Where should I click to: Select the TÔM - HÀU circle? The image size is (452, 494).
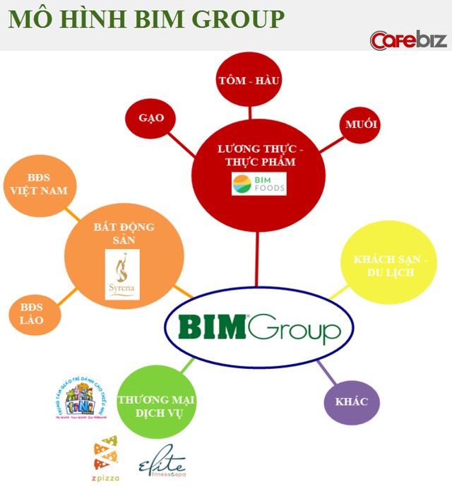[247, 81]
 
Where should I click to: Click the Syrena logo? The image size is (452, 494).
[123, 277]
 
